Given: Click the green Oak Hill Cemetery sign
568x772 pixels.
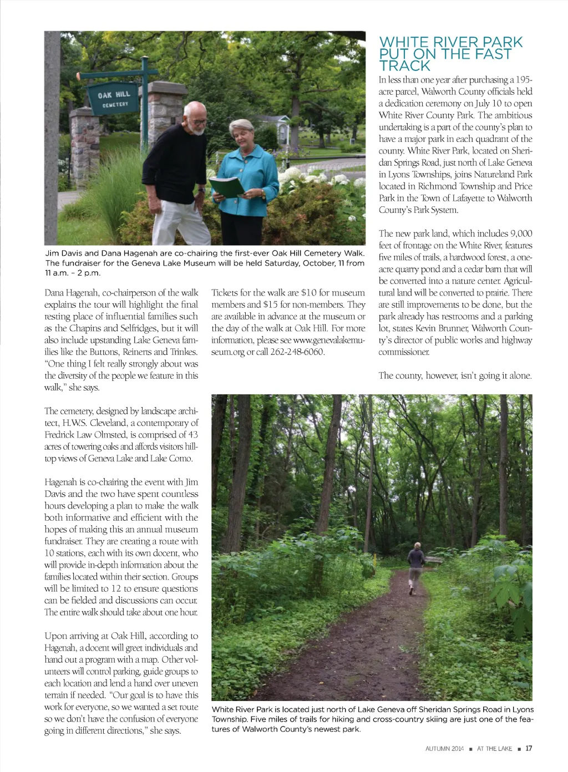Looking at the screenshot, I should (x=114, y=99).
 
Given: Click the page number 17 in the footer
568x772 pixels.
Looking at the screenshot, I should (x=529, y=748).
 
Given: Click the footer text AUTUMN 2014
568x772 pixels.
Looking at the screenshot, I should (x=444, y=749).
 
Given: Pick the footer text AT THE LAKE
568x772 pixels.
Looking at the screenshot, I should (x=494, y=749).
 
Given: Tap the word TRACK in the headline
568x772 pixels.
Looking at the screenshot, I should (x=405, y=66).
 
